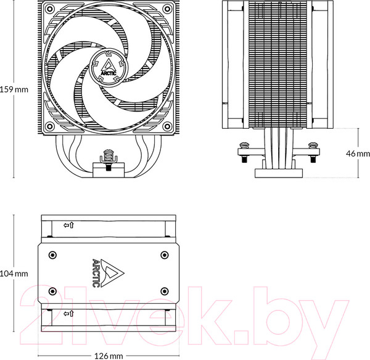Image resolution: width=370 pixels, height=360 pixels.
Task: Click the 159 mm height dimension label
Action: pyautogui.click(x=14, y=89)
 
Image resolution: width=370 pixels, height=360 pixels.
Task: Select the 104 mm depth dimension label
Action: pyautogui.click(x=14, y=273)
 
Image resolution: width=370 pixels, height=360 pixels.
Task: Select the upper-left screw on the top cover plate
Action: pyautogui.click(x=52, y=254)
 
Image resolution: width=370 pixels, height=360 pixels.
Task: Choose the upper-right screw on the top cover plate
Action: pyautogui.click(x=164, y=254)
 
